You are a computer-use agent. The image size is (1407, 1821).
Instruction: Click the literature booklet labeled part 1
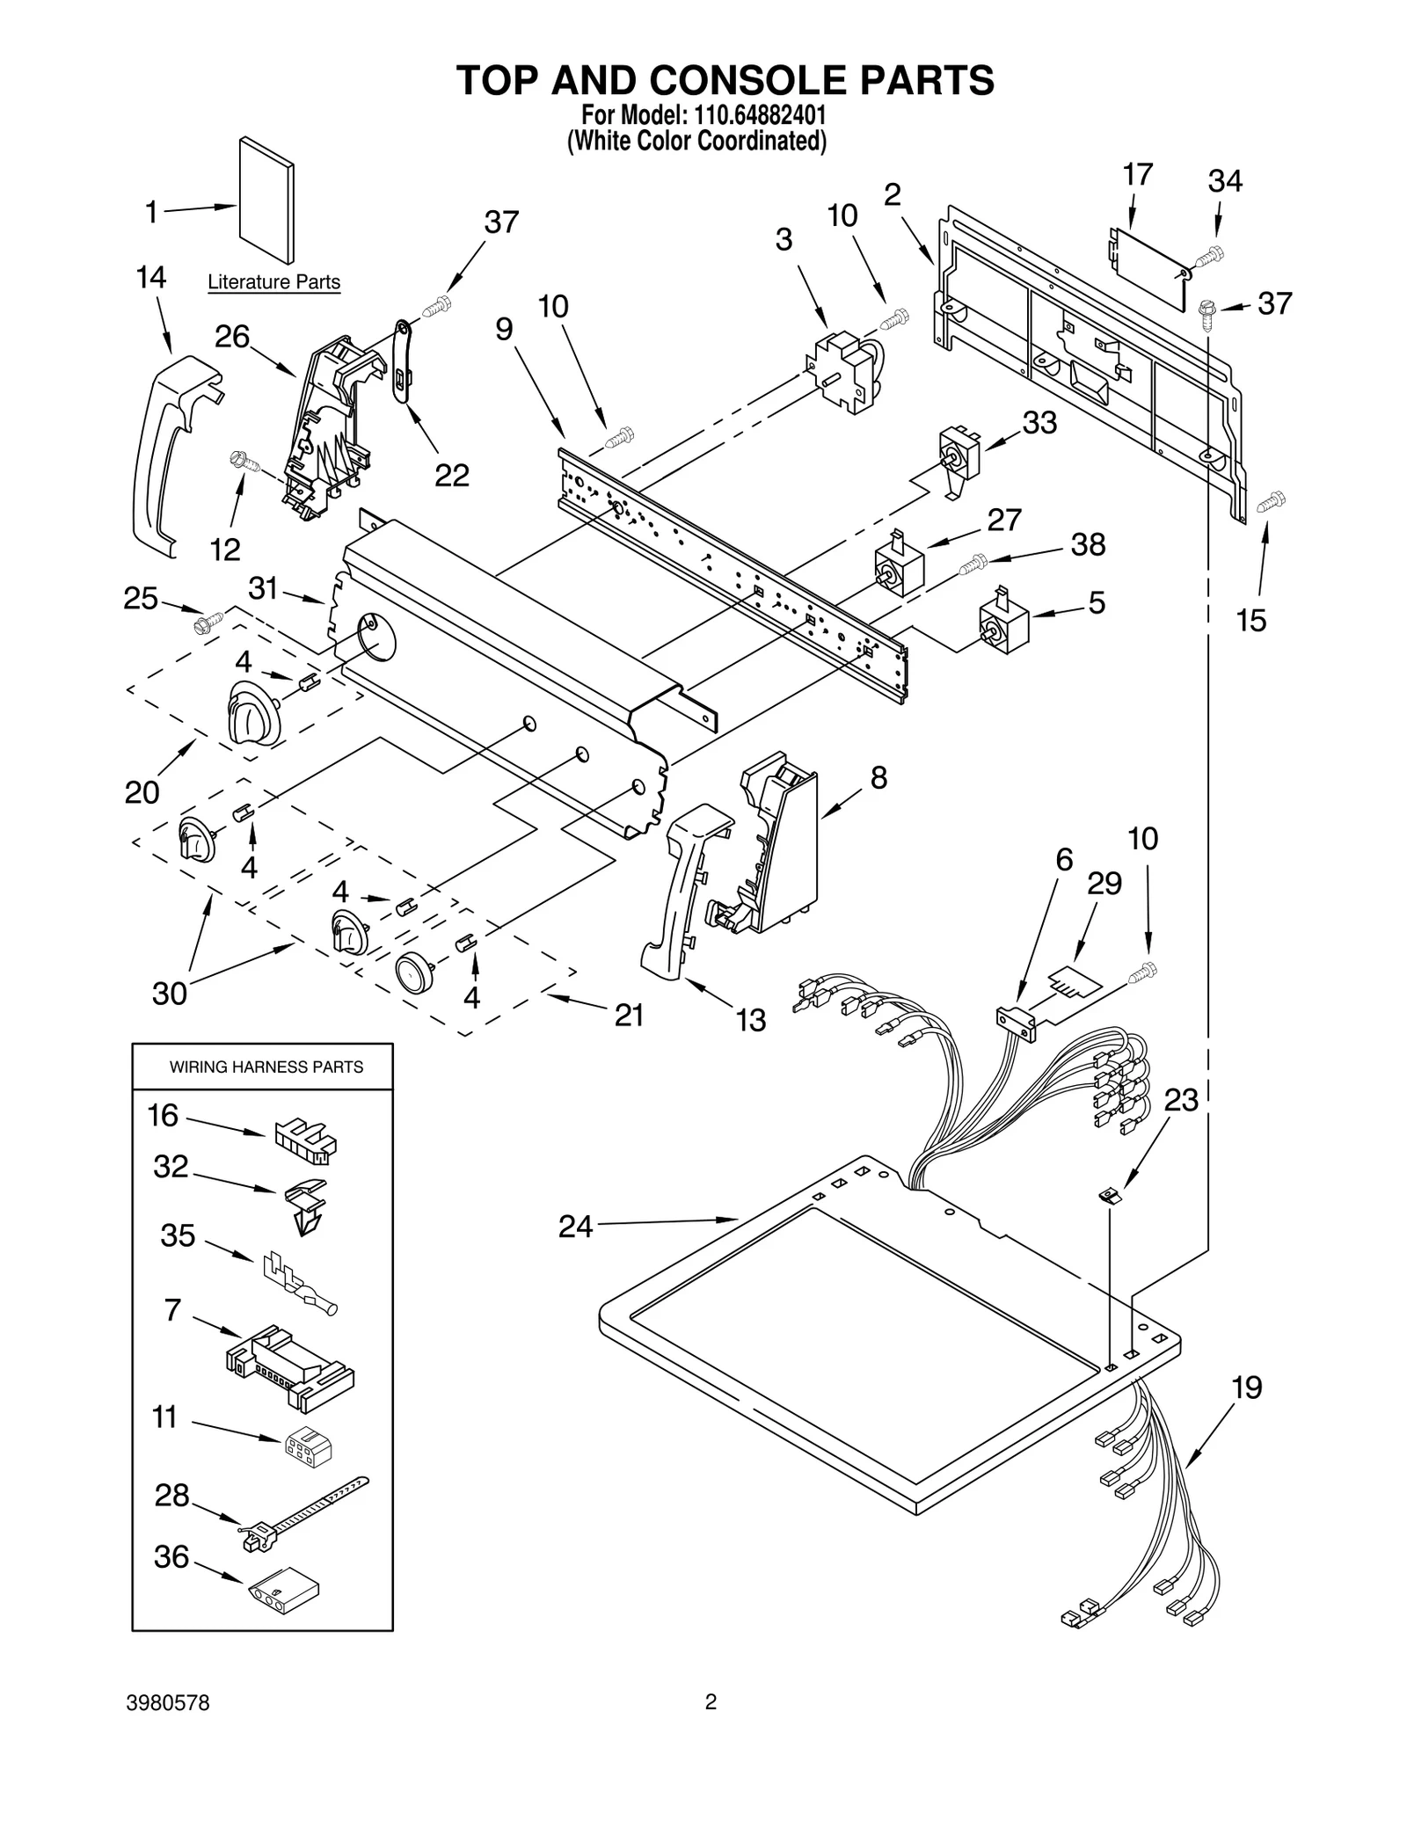click(266, 200)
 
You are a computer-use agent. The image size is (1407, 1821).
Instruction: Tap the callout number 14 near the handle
click(151, 278)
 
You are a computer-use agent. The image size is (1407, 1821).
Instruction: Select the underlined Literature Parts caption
click(273, 282)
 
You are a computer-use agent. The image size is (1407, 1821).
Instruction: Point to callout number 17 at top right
click(1137, 175)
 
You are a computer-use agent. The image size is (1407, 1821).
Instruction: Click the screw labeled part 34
click(1209, 256)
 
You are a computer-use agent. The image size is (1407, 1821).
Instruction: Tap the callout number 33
click(1039, 423)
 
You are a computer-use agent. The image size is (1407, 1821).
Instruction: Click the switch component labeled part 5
click(1004, 625)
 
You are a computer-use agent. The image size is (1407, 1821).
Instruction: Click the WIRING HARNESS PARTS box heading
click(266, 1067)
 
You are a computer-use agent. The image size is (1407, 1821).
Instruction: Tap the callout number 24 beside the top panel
click(575, 1226)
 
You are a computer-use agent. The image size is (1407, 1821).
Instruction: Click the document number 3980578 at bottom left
click(168, 1728)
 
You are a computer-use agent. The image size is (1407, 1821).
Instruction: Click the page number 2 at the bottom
click(711, 1727)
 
